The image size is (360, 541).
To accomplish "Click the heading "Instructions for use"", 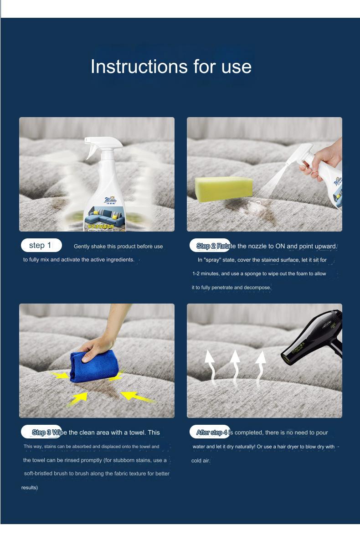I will [171, 67].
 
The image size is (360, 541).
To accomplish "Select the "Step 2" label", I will [206, 246].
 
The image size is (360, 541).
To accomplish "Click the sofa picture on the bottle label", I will [105, 214].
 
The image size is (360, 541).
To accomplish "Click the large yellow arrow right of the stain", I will [137, 395].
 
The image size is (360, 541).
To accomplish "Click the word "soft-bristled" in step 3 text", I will [39, 474].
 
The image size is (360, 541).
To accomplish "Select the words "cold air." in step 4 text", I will [201, 461].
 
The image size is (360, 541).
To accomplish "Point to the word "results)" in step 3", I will [30, 488].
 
